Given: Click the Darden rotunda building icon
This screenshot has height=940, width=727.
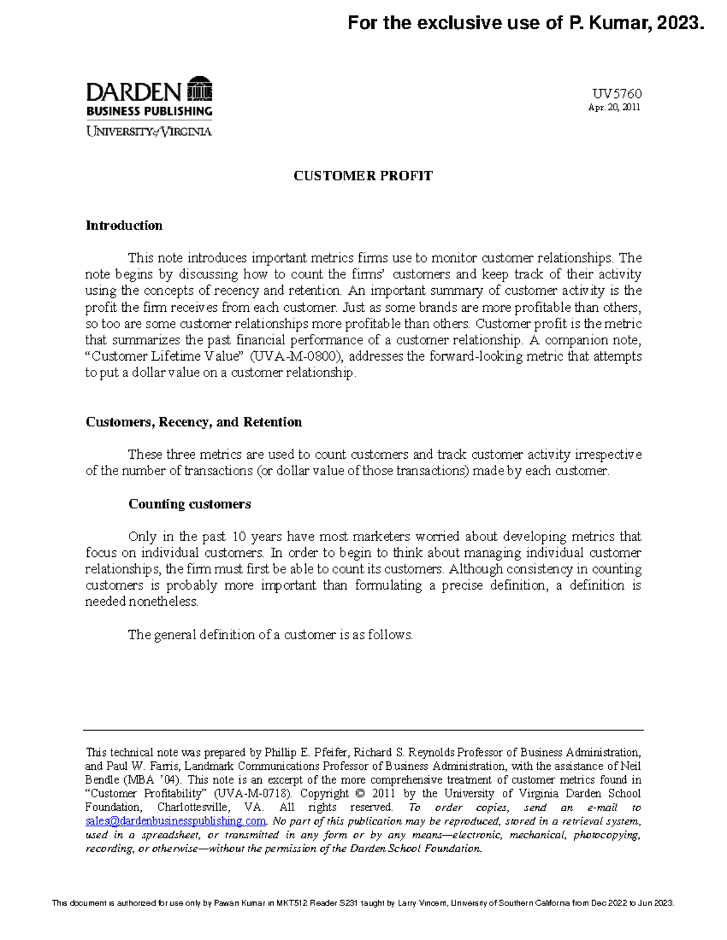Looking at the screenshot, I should point(200,90).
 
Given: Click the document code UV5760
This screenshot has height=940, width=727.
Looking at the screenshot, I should point(617,94).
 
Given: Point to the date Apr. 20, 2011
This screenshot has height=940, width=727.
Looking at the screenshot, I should point(614,108).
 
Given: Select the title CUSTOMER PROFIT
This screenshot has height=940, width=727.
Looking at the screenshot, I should point(363,176).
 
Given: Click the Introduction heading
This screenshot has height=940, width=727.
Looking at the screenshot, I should point(124,226).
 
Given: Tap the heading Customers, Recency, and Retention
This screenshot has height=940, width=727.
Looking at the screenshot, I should point(194,422).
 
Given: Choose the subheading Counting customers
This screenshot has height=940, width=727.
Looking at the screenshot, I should point(190,504).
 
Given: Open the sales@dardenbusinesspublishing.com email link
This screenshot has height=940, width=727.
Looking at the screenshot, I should point(176,821).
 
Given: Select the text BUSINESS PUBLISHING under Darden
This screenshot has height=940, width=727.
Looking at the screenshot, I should point(149,111).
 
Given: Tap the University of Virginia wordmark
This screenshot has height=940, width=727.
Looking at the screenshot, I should point(149,131).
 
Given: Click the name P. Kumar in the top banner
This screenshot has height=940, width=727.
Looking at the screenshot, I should point(606,23).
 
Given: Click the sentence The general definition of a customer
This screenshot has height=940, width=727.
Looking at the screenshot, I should point(270,635).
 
